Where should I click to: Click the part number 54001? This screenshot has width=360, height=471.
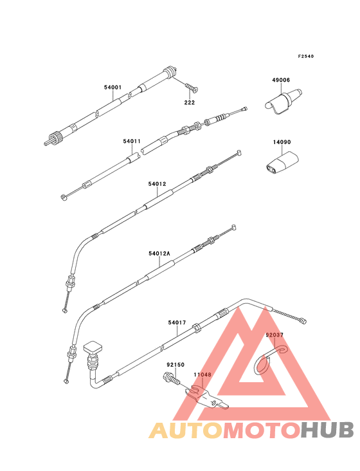coord(113,88)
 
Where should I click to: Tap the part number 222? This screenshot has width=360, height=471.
coord(189,102)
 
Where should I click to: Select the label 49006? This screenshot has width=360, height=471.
coord(281,80)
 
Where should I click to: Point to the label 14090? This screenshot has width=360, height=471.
coord(282,142)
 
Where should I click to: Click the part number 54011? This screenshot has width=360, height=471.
coord(132,141)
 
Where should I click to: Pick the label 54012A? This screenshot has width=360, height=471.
coord(159,254)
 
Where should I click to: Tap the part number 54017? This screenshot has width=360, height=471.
coord(177,322)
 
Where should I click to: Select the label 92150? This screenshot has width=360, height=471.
coord(175,365)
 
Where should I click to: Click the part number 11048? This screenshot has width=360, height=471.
coord(203,374)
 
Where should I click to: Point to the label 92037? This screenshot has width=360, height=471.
coord(274,335)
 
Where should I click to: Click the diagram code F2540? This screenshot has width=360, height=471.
coord(306,56)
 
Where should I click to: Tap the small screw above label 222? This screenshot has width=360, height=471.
coord(192,88)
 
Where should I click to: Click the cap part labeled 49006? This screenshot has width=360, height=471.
coord(283,102)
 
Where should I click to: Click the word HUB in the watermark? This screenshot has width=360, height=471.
coord(327,430)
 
